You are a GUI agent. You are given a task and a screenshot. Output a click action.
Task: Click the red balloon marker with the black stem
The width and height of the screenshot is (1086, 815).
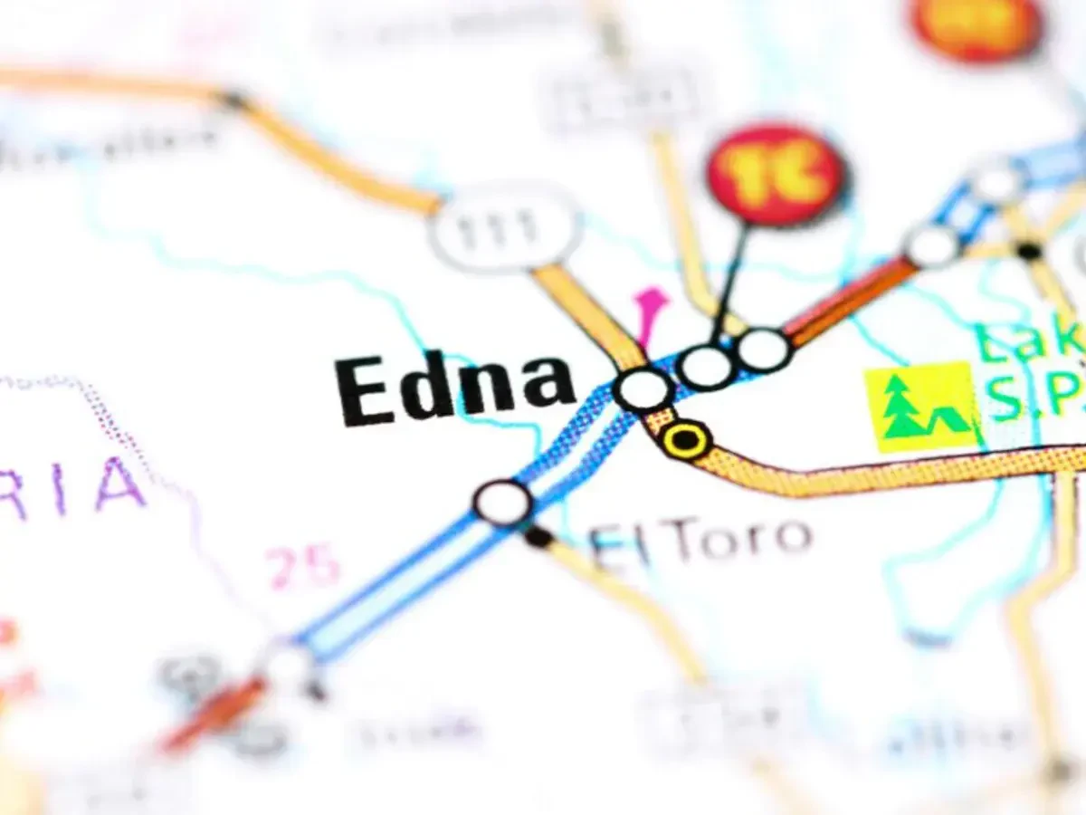(776, 175)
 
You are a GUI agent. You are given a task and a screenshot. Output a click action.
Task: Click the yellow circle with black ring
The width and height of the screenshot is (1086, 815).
(687, 440)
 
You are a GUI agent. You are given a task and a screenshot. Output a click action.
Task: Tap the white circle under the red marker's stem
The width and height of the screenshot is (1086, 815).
(706, 367)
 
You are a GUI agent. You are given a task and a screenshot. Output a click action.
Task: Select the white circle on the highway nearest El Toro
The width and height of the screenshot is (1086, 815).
(503, 503)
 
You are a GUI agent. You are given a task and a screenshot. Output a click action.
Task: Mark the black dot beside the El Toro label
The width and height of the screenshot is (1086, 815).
(538, 537)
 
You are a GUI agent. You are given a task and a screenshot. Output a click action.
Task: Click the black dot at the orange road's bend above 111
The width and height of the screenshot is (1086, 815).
(233, 100)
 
